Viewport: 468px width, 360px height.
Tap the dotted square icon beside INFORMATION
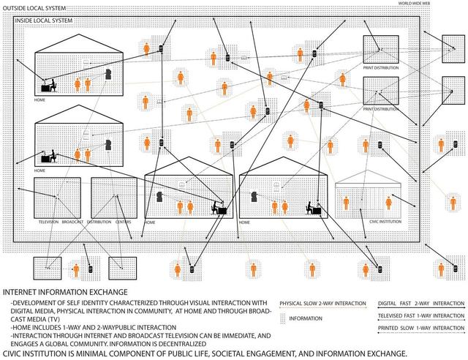pyautogui.click(x=282, y=318)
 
